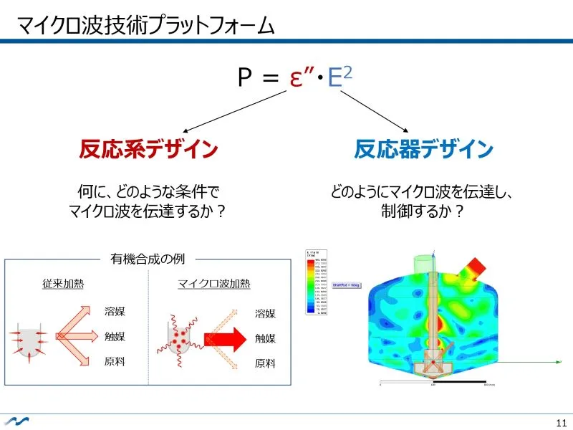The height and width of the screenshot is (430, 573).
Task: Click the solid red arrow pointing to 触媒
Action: coord(225,338)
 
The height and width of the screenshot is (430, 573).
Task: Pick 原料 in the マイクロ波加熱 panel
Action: coord(265,363)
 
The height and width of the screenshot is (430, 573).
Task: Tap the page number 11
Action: coord(560,421)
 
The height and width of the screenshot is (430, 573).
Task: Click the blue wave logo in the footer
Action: coord(15,421)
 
